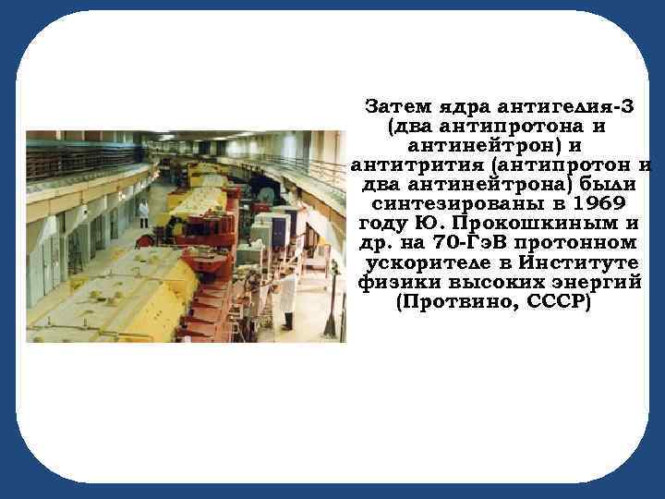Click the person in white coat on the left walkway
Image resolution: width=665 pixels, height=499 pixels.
(143, 212)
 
